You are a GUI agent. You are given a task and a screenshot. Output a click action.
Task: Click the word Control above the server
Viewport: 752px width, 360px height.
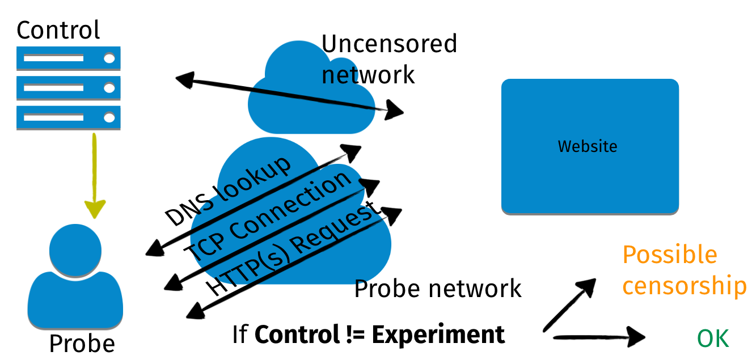(58, 29)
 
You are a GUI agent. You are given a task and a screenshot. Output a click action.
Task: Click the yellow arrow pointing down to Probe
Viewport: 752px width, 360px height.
(94, 176)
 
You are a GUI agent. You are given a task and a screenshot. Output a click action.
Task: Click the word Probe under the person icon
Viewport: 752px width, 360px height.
(82, 344)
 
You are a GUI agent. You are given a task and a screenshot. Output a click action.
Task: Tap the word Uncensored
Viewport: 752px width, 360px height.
(389, 44)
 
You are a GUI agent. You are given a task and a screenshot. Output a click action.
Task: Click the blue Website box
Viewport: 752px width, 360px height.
(590, 146)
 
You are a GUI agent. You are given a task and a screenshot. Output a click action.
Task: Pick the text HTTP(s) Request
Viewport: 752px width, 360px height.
(292, 250)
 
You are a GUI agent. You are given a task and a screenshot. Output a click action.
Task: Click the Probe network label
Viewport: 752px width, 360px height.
(437, 289)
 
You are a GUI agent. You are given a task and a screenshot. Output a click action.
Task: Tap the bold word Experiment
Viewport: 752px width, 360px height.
(438, 334)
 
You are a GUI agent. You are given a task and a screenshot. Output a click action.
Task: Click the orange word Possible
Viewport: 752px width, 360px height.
(669, 255)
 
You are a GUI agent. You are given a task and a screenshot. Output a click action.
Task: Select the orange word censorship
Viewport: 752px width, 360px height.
(684, 286)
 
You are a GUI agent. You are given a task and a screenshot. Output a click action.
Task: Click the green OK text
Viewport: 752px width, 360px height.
(712, 339)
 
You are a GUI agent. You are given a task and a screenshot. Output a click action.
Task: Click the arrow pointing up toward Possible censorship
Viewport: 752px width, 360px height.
(569, 306)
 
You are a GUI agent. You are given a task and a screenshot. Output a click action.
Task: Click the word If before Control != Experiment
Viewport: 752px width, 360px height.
(240, 334)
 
